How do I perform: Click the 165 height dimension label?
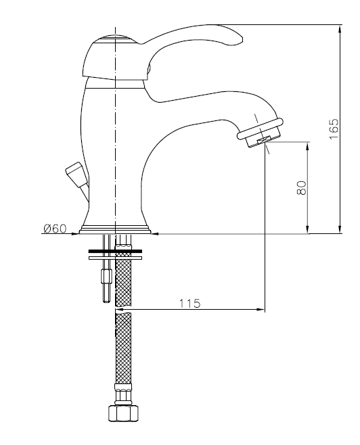point(334,129)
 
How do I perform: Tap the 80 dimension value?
point(302,188)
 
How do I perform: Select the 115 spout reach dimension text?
point(189,304)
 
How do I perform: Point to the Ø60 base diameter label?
point(55,228)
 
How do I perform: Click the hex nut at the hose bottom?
point(124,413)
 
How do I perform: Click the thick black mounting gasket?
point(115,251)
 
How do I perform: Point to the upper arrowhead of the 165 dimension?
point(340,28)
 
